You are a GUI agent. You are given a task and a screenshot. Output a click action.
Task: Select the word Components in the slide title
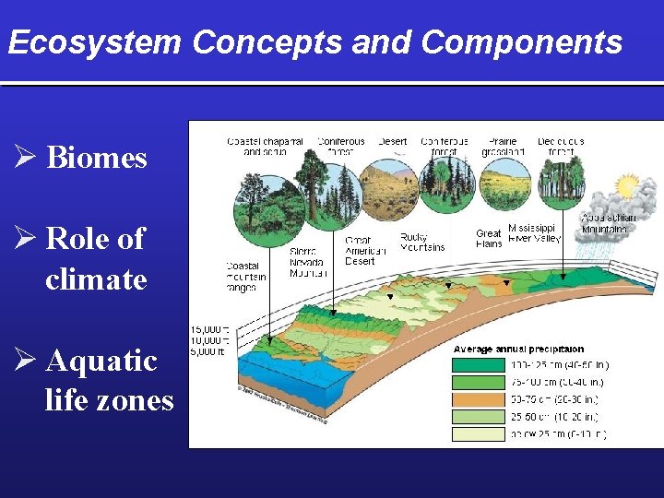pos(522,42)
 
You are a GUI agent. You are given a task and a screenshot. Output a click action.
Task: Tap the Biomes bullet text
pos(96,158)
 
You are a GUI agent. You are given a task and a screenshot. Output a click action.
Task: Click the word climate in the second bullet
pos(96,279)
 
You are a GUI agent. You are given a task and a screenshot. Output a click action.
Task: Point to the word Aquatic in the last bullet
pos(101,361)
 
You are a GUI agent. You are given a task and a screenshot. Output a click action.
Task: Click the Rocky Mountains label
pos(422,242)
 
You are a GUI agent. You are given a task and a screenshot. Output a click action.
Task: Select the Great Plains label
pos(489,239)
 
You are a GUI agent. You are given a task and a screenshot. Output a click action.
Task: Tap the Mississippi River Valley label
pos(534,234)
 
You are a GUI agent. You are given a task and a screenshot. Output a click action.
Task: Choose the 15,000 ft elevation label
pos(207,329)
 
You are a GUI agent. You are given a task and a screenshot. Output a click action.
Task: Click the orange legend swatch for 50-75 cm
pos(476,399)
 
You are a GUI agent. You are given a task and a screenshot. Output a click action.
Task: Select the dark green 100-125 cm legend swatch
pos(476,365)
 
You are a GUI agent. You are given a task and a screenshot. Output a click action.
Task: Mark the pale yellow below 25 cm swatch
pos(476,433)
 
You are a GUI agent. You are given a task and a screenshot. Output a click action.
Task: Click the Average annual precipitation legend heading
pos(518,350)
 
